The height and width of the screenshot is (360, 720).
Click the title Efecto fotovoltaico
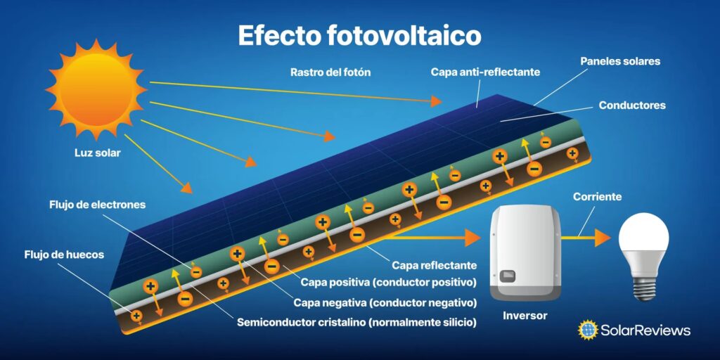pos(359,35)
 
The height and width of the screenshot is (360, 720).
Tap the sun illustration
pos(96,89)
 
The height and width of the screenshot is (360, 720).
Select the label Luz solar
pos(97,153)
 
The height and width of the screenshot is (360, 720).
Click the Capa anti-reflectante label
pos(485,72)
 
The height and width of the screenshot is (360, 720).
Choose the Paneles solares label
pos(620,61)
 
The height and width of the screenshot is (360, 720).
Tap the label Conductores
pos(632,105)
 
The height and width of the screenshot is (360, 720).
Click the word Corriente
pos(598,197)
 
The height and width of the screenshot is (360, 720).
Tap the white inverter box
pos(525,252)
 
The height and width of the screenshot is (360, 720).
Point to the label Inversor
pos(525,316)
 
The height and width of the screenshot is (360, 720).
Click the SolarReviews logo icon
pos(588,330)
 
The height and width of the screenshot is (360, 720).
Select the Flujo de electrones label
pos(97,205)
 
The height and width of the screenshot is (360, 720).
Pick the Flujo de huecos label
pos(64,255)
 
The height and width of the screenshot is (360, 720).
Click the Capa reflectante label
pos(435,265)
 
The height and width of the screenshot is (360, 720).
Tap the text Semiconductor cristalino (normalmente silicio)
pos(356,322)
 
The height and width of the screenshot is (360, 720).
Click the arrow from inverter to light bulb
pos(586,238)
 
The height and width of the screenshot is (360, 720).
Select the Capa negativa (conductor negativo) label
pos(385,303)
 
